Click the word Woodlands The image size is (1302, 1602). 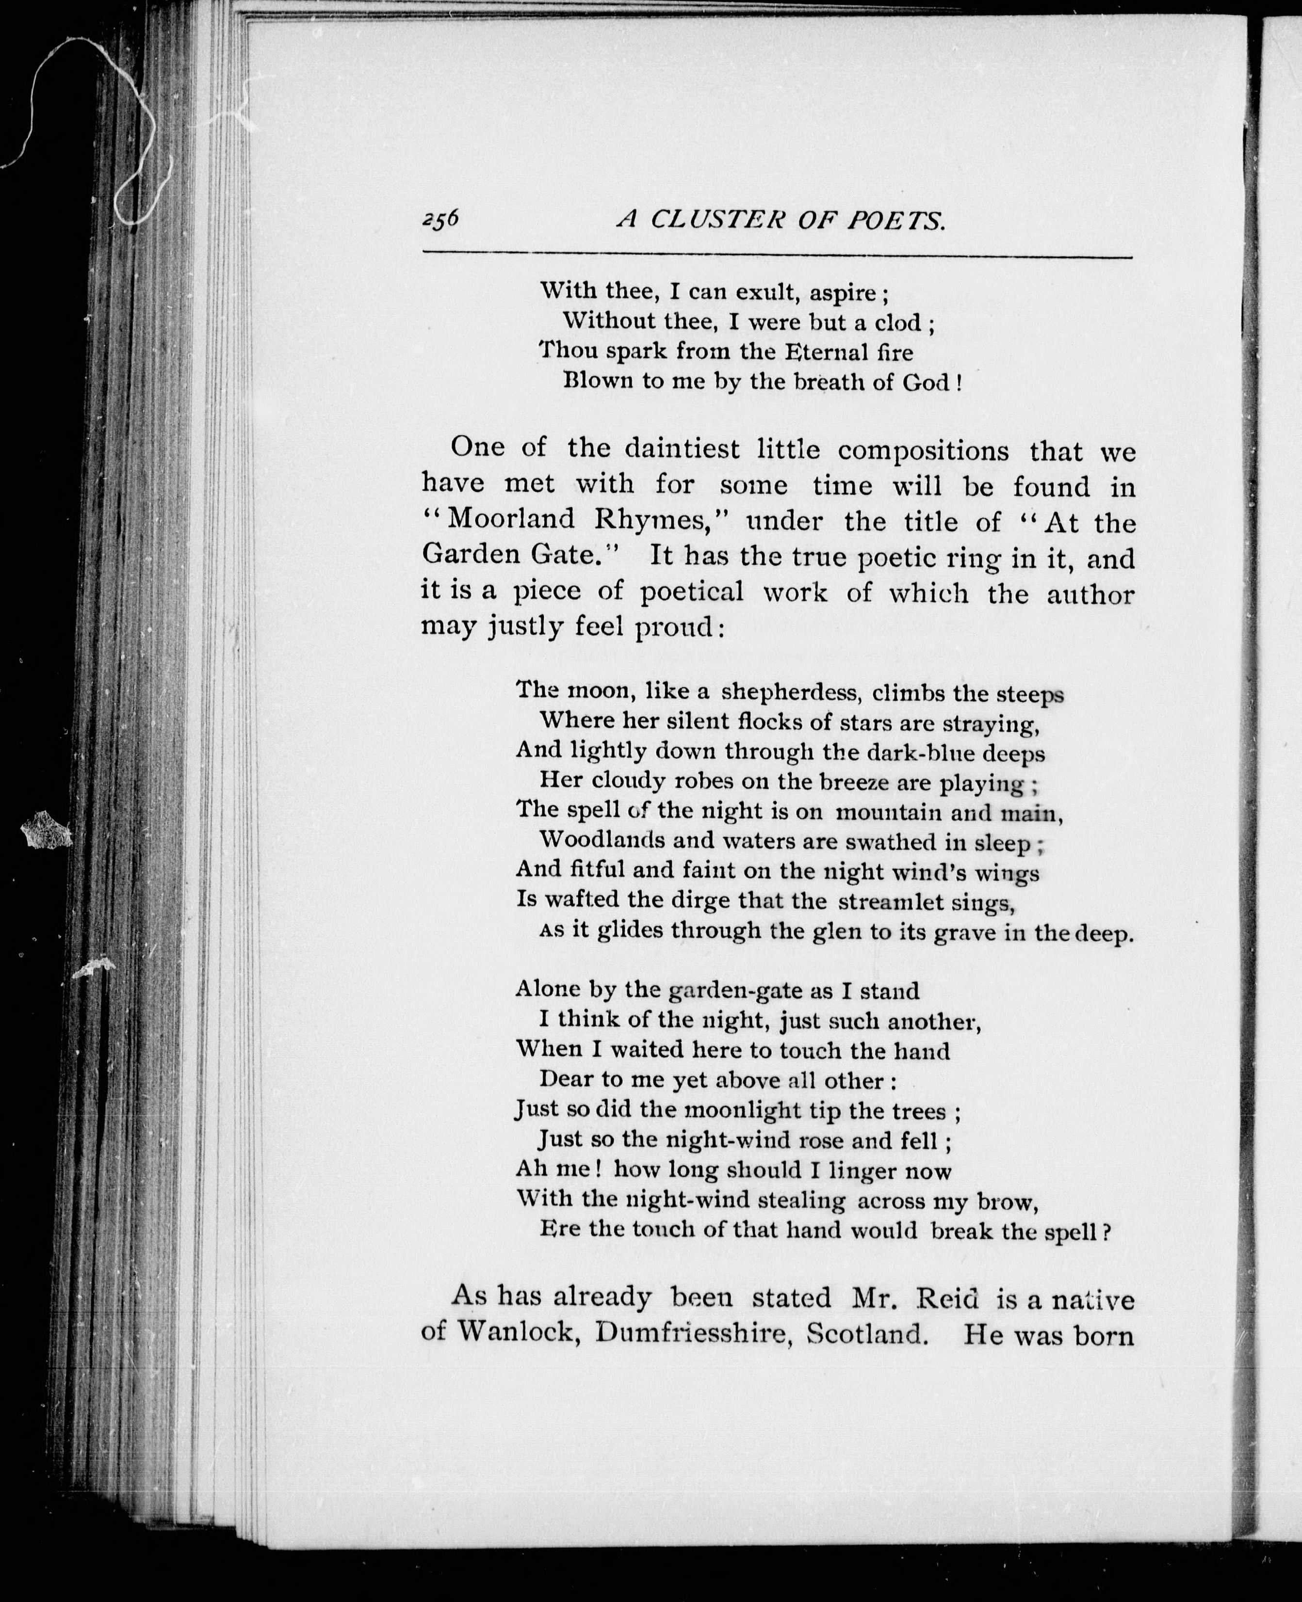pyautogui.click(x=602, y=840)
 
